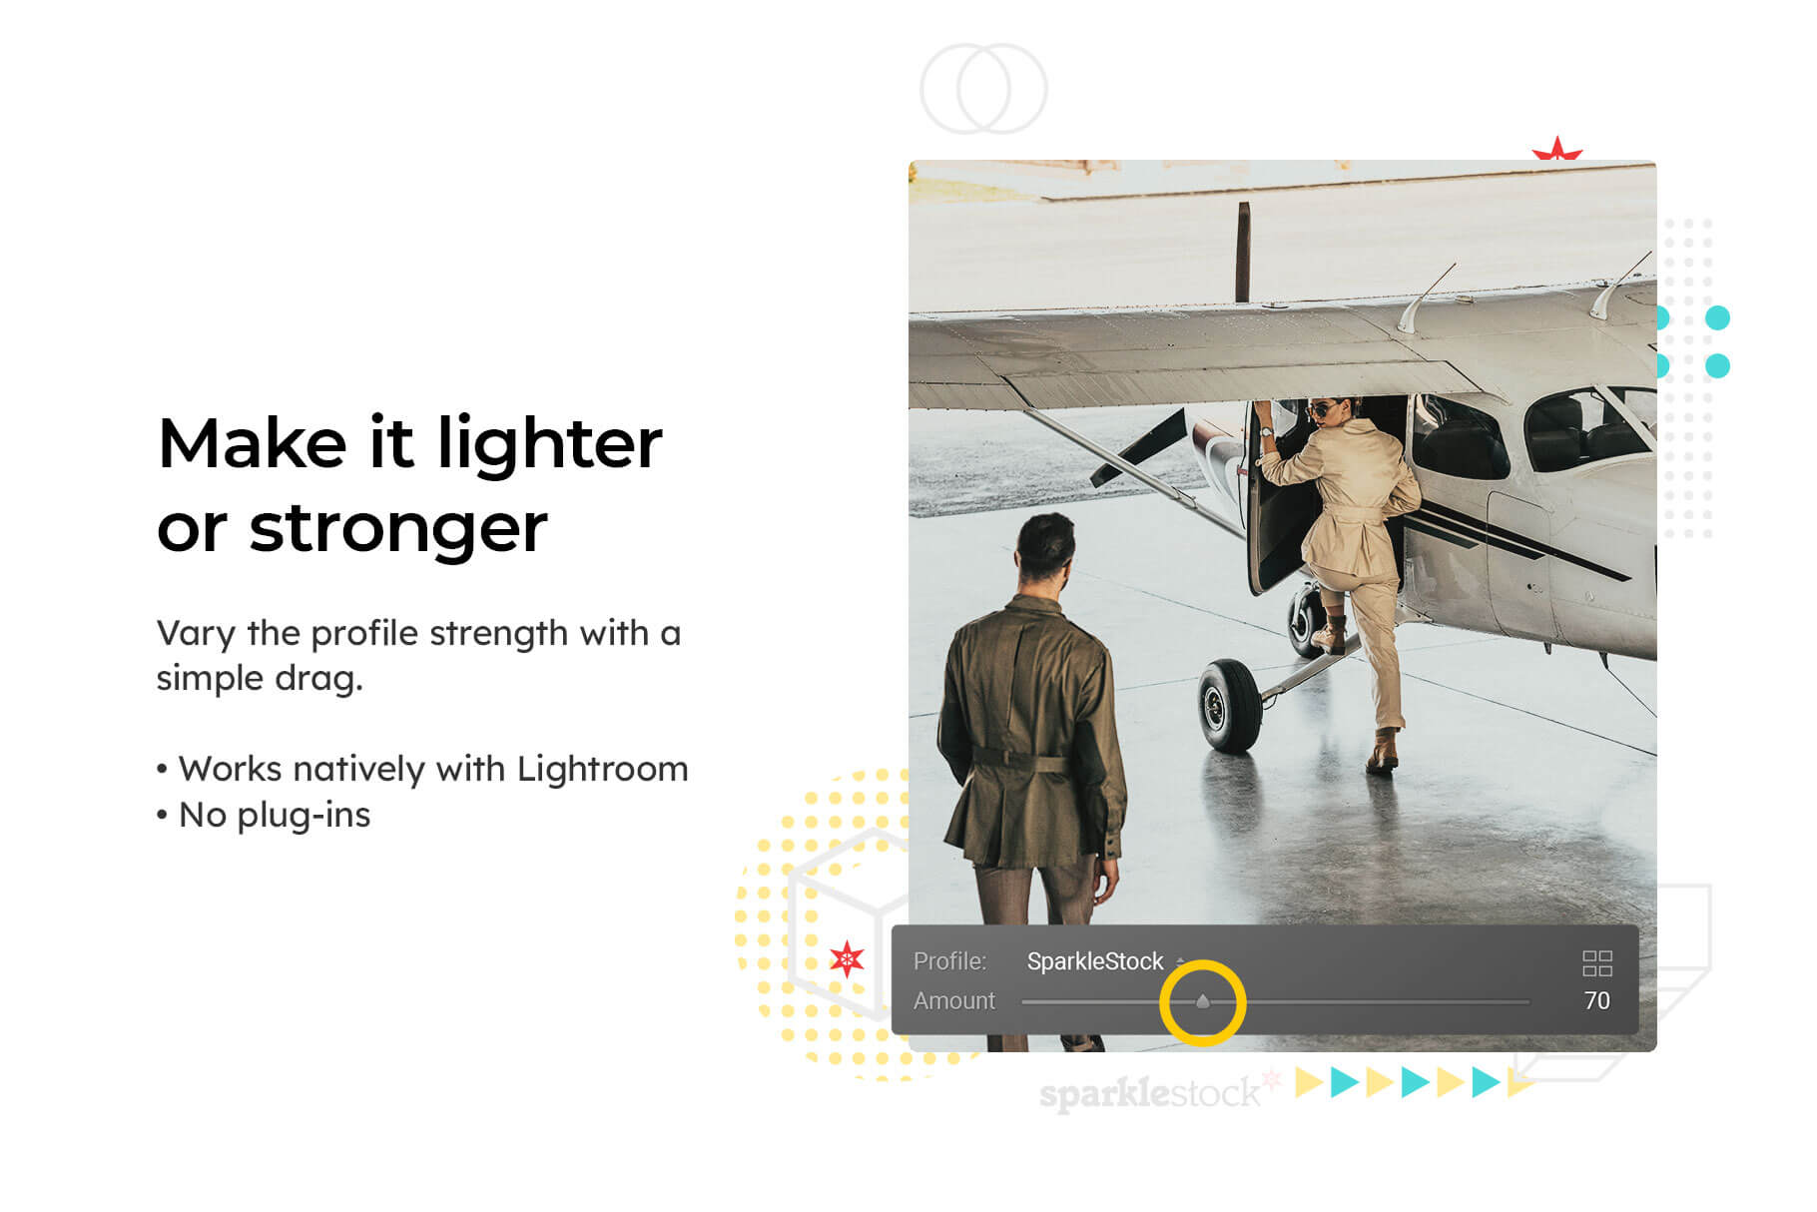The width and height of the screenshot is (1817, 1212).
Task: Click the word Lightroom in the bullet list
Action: [602, 770]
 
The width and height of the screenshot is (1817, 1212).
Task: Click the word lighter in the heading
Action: [550, 444]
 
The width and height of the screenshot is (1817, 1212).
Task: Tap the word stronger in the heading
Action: [398, 529]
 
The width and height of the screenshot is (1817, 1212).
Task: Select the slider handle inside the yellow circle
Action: [1202, 1000]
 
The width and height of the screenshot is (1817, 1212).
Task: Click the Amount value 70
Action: [1596, 1000]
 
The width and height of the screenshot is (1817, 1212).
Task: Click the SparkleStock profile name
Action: [1095, 961]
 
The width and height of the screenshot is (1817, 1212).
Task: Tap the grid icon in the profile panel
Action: [1597, 963]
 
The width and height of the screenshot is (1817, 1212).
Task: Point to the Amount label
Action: [954, 1000]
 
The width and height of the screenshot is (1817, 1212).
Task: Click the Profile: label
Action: [949, 961]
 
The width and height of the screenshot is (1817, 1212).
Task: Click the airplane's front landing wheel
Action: [1229, 705]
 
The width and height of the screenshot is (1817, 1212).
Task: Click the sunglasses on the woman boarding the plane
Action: [1321, 409]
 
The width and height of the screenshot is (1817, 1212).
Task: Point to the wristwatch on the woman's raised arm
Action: [1266, 431]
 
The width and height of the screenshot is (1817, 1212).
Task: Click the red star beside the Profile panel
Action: [847, 959]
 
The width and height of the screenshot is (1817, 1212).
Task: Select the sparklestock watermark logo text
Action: [1149, 1093]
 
